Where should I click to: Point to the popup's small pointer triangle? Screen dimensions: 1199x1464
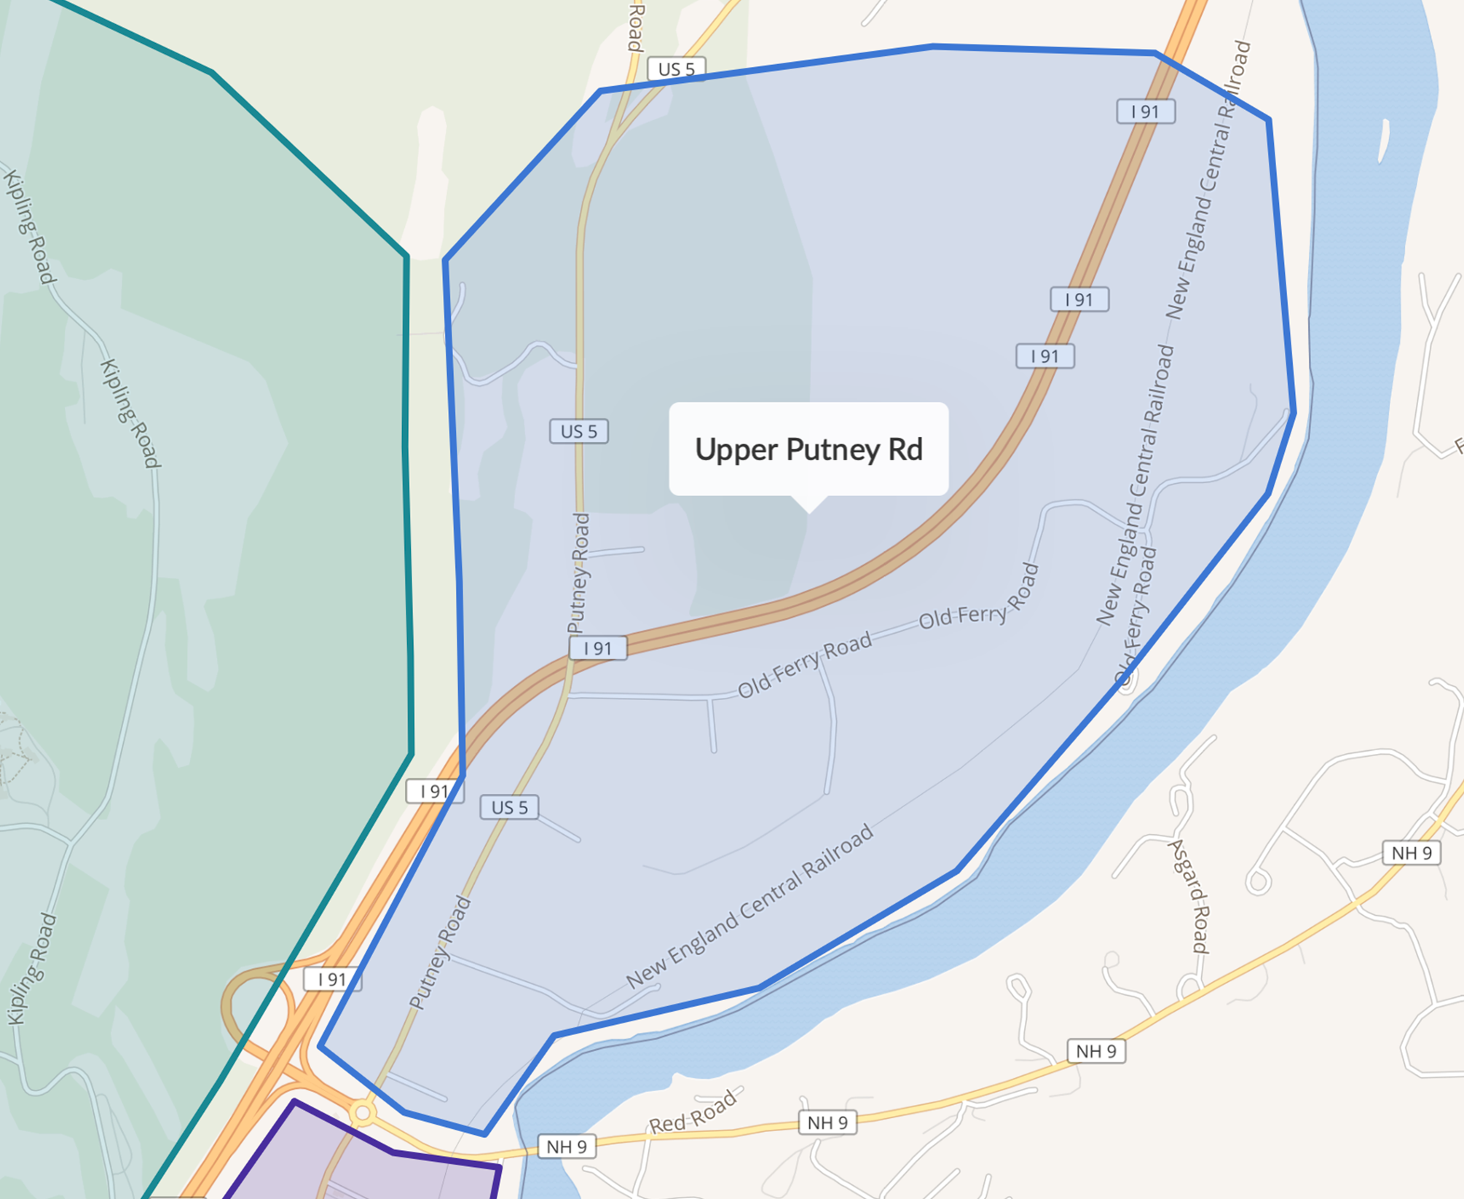(x=808, y=504)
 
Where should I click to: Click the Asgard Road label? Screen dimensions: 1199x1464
(x=1189, y=896)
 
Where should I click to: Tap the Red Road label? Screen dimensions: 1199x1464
(x=692, y=1113)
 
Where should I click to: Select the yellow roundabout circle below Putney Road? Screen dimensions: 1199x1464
(x=363, y=1113)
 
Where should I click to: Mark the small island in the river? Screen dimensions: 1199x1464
(x=1383, y=141)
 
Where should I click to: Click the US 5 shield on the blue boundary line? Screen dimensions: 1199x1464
(x=677, y=69)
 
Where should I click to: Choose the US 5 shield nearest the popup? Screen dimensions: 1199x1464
(x=579, y=431)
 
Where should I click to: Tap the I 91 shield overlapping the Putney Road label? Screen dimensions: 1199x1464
(x=598, y=648)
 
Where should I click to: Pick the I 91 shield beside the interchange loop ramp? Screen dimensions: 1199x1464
(x=331, y=979)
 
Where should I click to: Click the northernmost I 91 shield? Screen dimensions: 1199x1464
(x=1146, y=111)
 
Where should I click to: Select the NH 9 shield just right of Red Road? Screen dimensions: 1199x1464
(x=827, y=1123)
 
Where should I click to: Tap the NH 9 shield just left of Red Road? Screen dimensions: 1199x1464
(x=567, y=1147)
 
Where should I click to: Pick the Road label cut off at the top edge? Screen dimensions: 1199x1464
(x=636, y=25)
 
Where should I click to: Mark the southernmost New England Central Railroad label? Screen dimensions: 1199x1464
(x=749, y=905)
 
